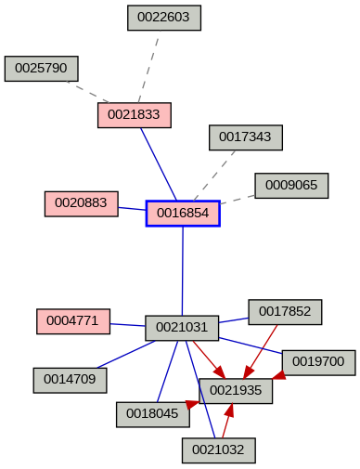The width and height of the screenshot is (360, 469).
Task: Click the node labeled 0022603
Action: (x=164, y=18)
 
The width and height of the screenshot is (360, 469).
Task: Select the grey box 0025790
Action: (x=42, y=69)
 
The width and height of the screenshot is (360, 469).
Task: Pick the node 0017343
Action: (x=246, y=137)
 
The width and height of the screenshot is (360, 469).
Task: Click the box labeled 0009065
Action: (x=291, y=186)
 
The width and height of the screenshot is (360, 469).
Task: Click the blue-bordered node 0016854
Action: (x=183, y=214)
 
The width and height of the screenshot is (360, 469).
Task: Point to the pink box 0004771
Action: (x=73, y=321)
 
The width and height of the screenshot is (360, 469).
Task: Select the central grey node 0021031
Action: (x=182, y=328)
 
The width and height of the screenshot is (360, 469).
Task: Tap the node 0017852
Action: (x=285, y=312)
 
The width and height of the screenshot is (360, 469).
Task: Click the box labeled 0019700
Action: (x=318, y=360)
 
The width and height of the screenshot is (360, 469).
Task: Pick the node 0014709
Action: (x=71, y=379)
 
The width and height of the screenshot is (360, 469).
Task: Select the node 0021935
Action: (x=236, y=391)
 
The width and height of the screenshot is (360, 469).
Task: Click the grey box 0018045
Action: (x=153, y=414)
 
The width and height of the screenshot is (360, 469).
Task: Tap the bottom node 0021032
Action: (x=219, y=450)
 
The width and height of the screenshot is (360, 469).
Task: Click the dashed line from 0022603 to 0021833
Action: (x=148, y=67)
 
